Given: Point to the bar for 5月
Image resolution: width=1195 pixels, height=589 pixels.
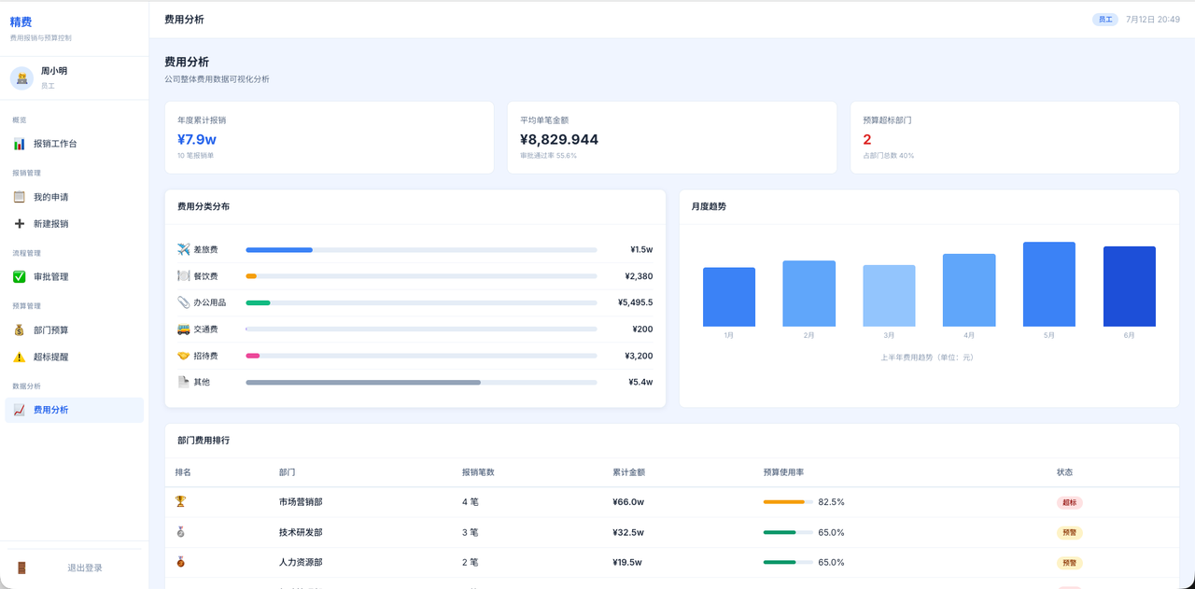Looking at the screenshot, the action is coord(1048,284).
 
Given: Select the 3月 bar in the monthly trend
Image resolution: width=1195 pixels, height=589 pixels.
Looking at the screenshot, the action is coord(889,296).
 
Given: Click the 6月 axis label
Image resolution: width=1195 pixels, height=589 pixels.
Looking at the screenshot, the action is coord(1129,335).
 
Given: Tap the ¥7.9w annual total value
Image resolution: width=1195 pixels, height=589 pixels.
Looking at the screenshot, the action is coord(197,139).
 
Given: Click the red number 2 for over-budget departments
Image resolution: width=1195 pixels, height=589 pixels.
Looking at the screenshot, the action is coord(867,139).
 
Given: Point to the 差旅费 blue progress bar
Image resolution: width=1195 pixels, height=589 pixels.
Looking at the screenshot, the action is coord(279,249).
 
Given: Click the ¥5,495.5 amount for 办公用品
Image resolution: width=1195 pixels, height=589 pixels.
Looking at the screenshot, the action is coord(635,302).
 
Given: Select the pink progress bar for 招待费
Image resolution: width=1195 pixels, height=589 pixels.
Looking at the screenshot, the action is coord(252,356).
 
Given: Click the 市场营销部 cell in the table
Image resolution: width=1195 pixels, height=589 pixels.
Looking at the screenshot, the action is coord(301,502).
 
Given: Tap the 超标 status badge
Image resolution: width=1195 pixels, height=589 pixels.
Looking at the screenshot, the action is coord(1069,502).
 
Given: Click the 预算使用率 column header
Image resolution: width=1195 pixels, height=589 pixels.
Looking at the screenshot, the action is coord(783,472).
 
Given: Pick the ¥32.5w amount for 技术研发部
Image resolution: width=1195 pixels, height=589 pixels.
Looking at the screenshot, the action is coord(628,532).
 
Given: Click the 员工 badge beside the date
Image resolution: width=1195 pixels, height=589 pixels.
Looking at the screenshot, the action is coord(1104,20).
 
